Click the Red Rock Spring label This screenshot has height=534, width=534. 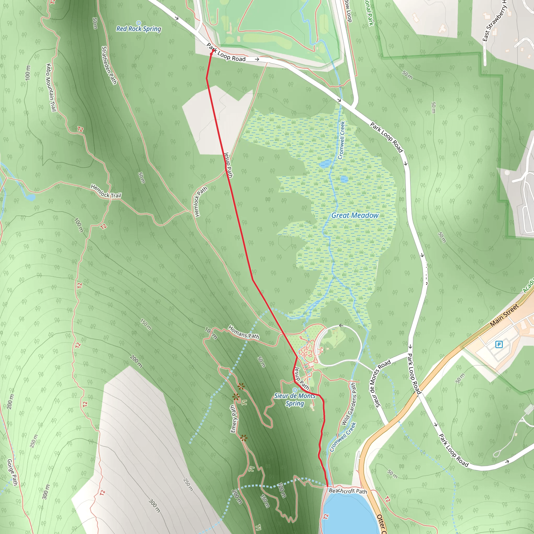point(138,29)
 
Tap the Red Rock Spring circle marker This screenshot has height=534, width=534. point(138,23)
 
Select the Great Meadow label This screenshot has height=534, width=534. point(355,215)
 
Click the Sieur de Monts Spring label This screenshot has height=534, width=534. point(295,400)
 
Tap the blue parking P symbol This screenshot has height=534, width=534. point(499,344)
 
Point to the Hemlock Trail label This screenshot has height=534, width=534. point(106,191)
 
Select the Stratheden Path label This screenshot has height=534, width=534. point(109,65)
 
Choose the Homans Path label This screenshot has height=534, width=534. point(244,332)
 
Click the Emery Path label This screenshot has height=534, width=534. point(234,419)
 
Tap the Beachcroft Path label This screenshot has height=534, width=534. point(348,491)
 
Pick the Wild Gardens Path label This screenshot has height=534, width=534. point(349,404)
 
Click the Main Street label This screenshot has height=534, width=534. point(505,315)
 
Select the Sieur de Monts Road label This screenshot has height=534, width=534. point(383,383)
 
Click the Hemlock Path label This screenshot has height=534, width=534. point(201,202)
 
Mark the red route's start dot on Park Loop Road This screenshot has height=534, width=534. point(212,51)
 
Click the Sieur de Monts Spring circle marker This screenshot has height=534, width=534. point(295,390)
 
